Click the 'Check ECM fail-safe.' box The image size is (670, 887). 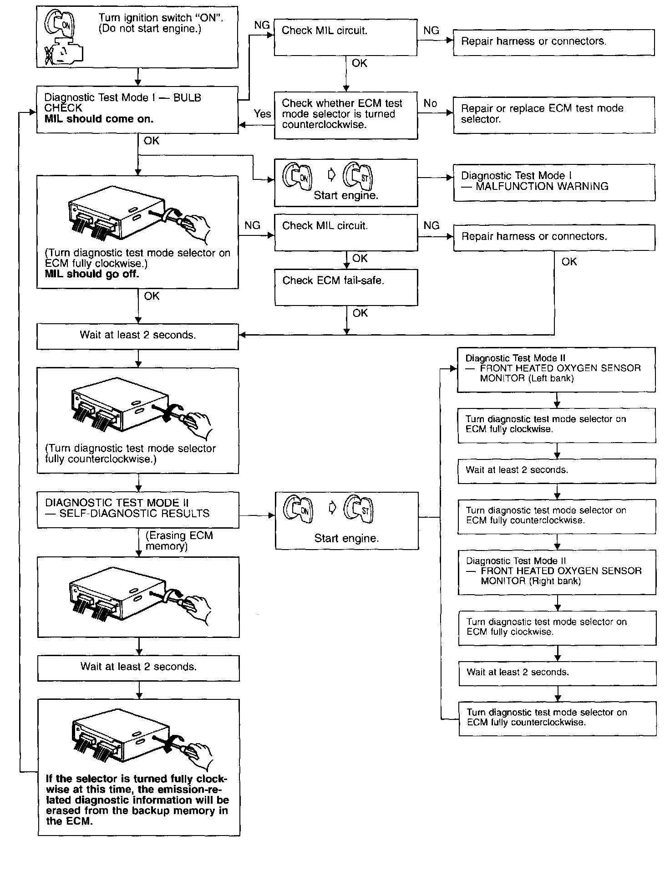pyautogui.click(x=346, y=287)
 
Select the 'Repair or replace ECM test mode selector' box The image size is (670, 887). pyautogui.click(x=554, y=115)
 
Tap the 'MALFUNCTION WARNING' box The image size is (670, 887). pyautogui.click(x=554, y=182)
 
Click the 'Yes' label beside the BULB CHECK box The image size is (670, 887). pyautogui.click(x=262, y=114)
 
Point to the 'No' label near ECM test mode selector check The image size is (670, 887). pyautogui.click(x=430, y=103)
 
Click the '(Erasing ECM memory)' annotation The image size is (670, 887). pyautogui.click(x=179, y=541)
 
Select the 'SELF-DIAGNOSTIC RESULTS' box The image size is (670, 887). pyautogui.click(x=138, y=510)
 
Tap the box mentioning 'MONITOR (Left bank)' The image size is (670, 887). pyautogui.click(x=556, y=369)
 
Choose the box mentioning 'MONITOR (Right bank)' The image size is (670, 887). pyautogui.click(x=557, y=572)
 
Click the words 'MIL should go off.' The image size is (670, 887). pyautogui.click(x=92, y=274)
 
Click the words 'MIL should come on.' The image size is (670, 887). pyautogui.click(x=99, y=119)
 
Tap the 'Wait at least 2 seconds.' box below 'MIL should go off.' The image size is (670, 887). pyautogui.click(x=137, y=336)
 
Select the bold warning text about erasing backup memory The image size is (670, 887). pyautogui.click(x=137, y=800)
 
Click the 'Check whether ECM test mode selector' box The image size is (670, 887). pyautogui.click(x=346, y=115)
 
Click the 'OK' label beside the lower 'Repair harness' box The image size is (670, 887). pyautogui.click(x=569, y=262)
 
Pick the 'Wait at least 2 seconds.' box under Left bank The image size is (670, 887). pyautogui.click(x=557, y=471)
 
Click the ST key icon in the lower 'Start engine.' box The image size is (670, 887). pyautogui.click(x=359, y=509)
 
